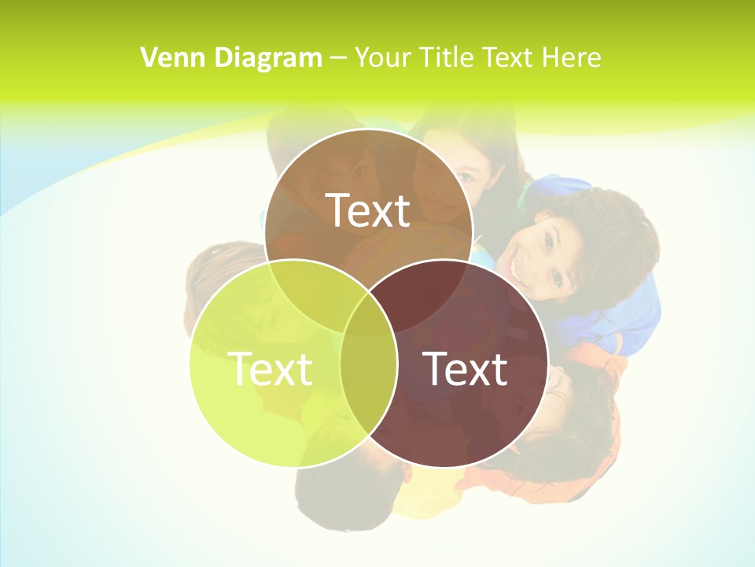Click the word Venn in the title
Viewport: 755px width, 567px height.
pos(168,57)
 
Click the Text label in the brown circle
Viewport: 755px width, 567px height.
pos(368,210)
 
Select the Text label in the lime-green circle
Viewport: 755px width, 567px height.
pos(270,368)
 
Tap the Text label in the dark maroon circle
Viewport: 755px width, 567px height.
pos(466,368)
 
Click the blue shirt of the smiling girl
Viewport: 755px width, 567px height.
pos(629,315)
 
